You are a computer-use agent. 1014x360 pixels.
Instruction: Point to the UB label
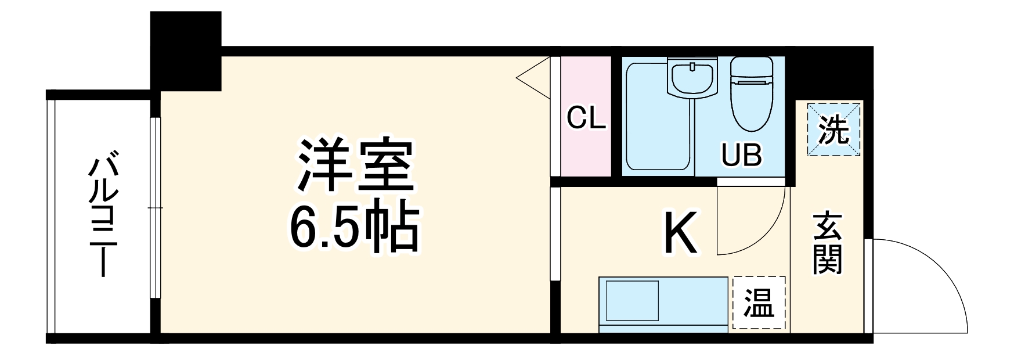pyautogui.click(x=741, y=155)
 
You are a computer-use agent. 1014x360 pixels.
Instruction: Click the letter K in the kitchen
pyautogui.click(x=680, y=234)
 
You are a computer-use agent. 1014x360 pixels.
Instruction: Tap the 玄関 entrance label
pyautogui.click(x=827, y=244)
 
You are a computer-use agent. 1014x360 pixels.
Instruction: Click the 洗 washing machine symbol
pyautogui.click(x=833, y=129)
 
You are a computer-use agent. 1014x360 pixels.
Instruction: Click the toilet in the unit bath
pyautogui.click(x=750, y=94)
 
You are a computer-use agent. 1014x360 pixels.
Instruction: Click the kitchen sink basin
pyautogui.click(x=632, y=301)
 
